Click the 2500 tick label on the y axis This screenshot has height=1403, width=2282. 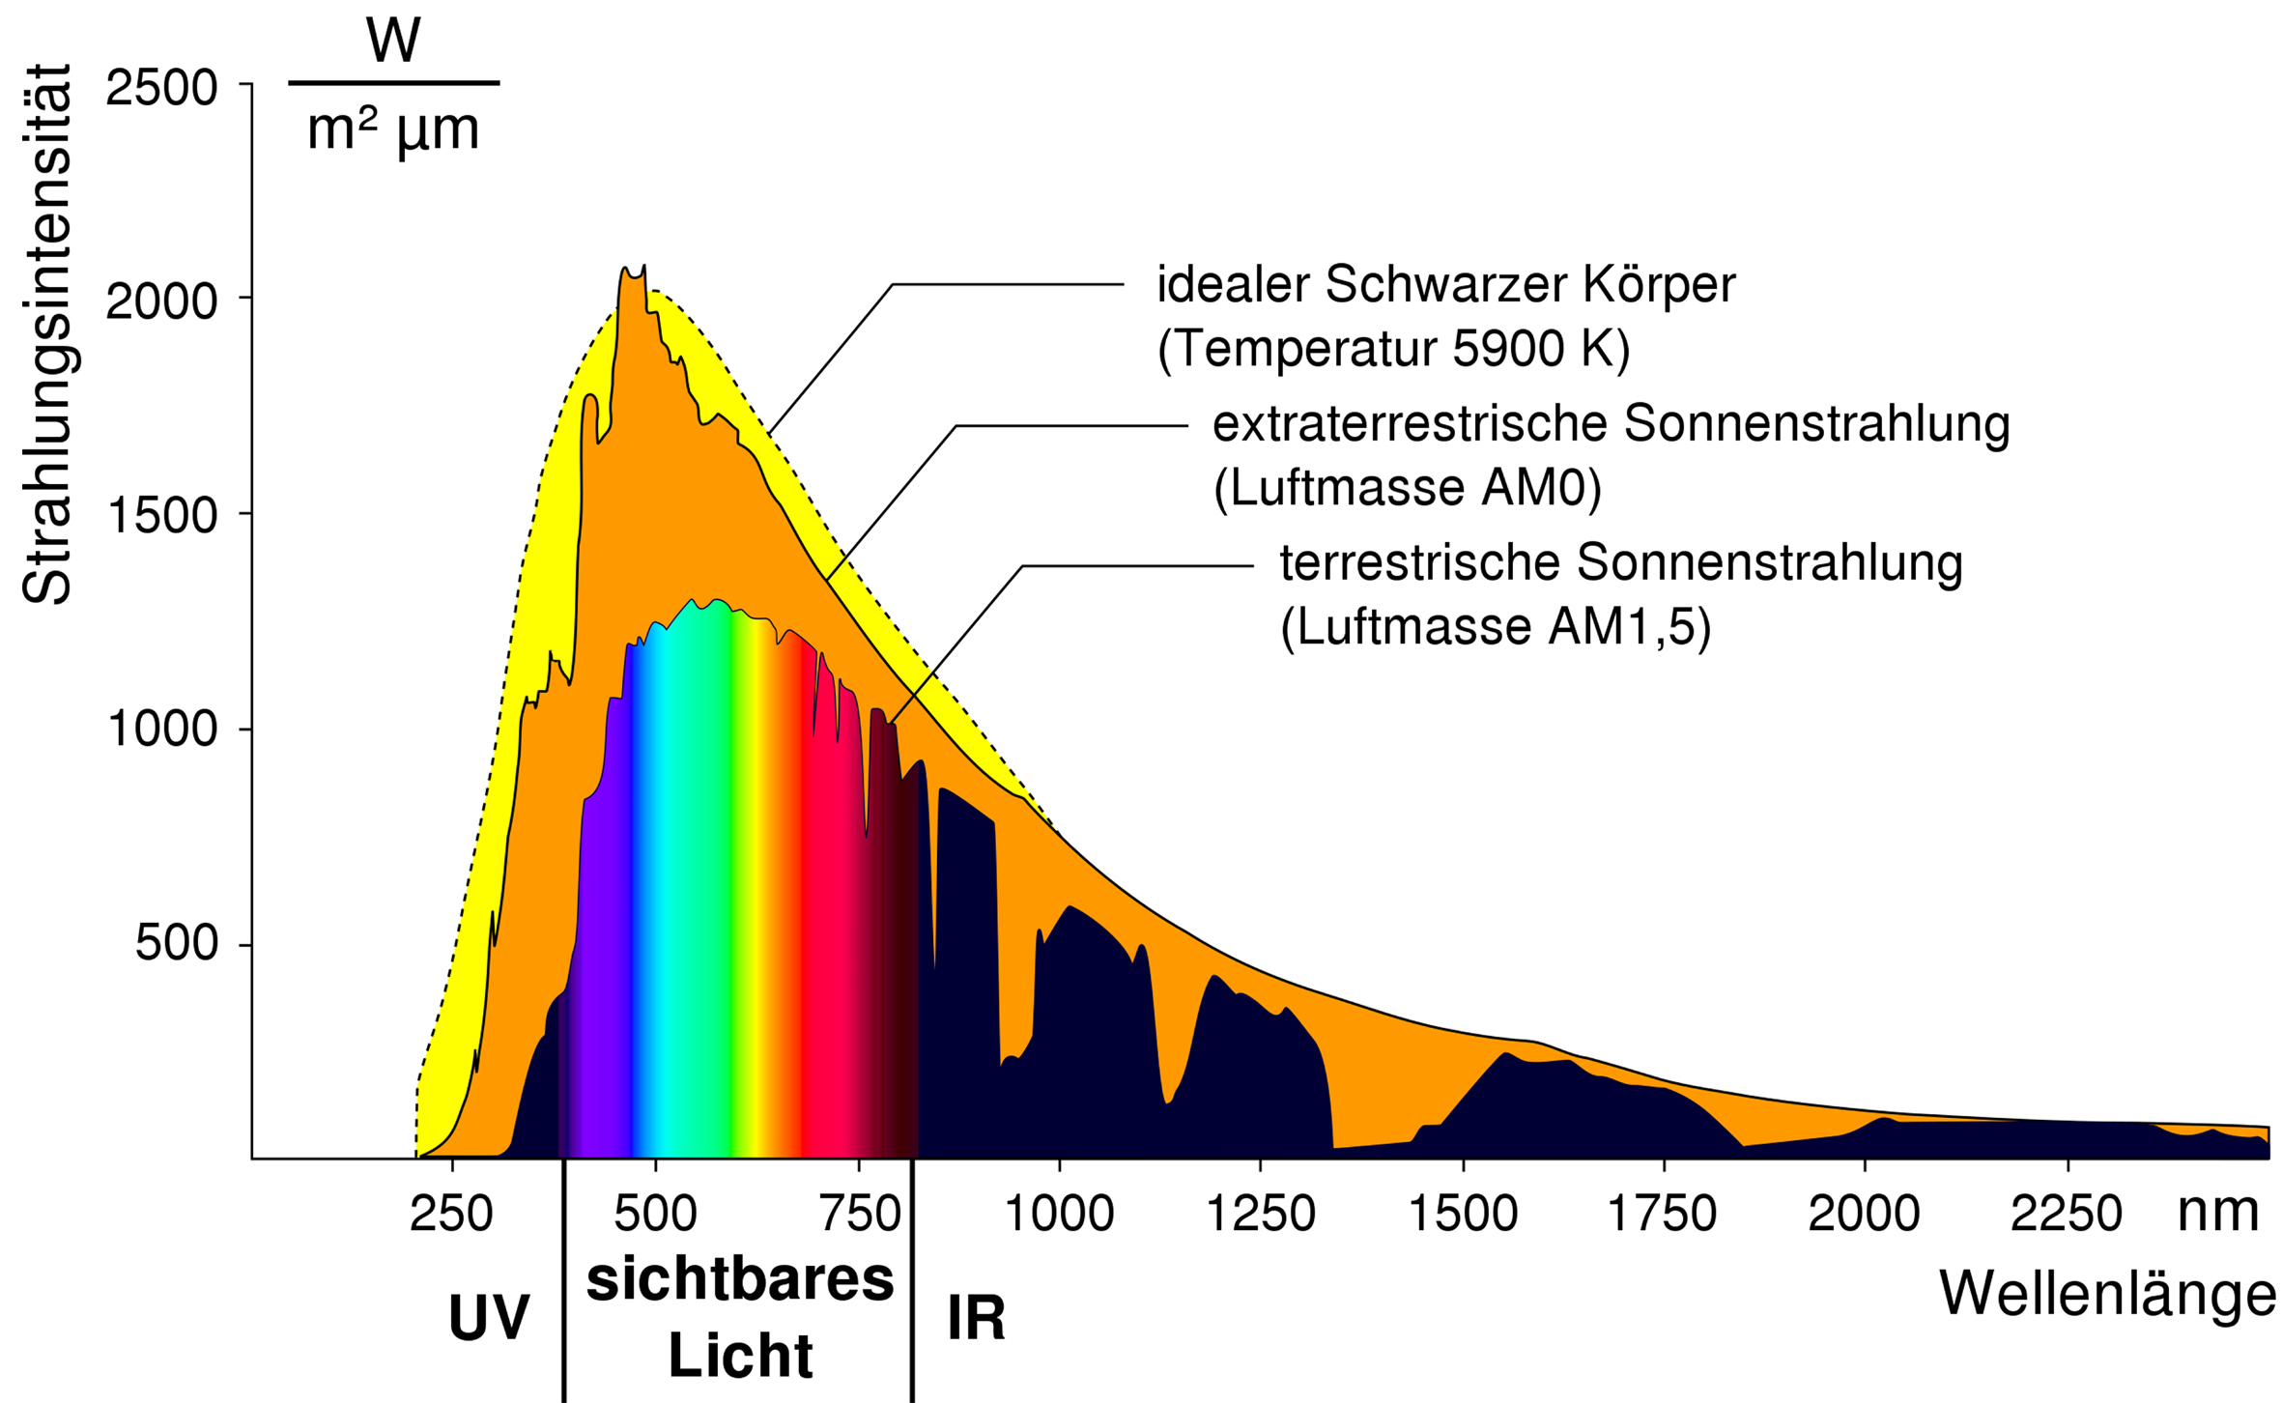click(x=161, y=88)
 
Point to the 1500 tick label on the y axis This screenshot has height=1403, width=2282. click(x=161, y=516)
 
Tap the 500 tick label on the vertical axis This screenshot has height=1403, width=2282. click(x=176, y=943)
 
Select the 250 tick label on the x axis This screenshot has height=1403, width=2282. click(x=451, y=1214)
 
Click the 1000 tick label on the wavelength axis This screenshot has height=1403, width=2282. click(x=1059, y=1214)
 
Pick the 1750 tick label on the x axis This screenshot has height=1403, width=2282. click(x=1662, y=1214)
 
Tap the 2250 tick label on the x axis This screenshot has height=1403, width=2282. click(x=2066, y=1214)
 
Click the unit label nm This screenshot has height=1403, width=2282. click(x=2218, y=1212)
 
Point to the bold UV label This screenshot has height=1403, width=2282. click(x=489, y=1318)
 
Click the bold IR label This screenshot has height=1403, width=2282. click(x=976, y=1318)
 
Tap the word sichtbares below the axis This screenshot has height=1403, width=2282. click(x=740, y=1281)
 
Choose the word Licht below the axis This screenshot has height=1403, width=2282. click(x=740, y=1356)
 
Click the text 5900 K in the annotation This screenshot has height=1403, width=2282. click(x=1540, y=349)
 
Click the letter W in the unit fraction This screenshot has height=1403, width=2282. click(x=393, y=42)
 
